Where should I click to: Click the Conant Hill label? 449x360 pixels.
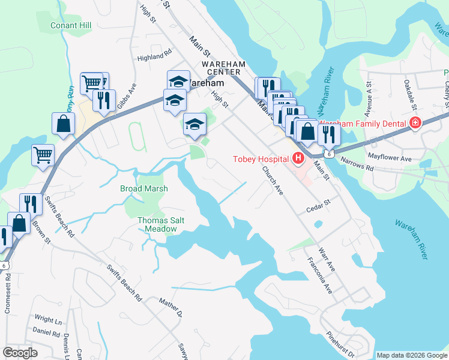(71, 26)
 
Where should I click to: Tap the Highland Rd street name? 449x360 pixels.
(150, 57)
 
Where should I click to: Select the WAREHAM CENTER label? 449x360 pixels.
(221, 68)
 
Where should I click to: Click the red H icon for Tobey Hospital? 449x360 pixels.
(298, 158)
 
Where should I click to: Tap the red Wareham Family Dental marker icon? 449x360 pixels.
(414, 123)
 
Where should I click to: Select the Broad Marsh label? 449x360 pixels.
(143, 188)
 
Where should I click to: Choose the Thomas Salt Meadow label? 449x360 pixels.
(161, 224)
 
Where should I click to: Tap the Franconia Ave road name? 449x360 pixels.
(319, 275)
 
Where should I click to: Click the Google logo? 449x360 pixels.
(20, 353)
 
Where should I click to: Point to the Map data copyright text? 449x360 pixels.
(411, 355)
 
